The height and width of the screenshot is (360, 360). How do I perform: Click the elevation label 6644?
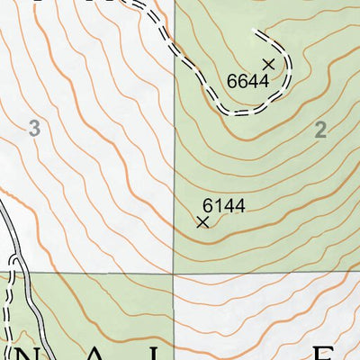[x=248, y=82]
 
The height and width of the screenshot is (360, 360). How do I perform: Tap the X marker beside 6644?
[x=268, y=64]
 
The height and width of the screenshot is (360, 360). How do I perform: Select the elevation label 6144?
[x=223, y=206]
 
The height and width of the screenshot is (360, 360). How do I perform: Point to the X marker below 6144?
[x=202, y=221]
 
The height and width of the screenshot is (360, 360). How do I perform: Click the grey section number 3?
[x=34, y=130]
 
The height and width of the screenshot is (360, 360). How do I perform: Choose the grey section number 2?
[x=319, y=130]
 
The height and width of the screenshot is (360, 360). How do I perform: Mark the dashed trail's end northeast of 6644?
[x=256, y=33]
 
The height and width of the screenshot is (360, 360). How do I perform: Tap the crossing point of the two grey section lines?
[x=174, y=272]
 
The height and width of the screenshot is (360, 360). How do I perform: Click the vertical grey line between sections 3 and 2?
[x=174, y=162]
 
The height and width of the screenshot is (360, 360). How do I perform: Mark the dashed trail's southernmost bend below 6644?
[x=238, y=113]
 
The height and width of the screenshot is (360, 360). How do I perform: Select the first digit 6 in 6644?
[x=232, y=82]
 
